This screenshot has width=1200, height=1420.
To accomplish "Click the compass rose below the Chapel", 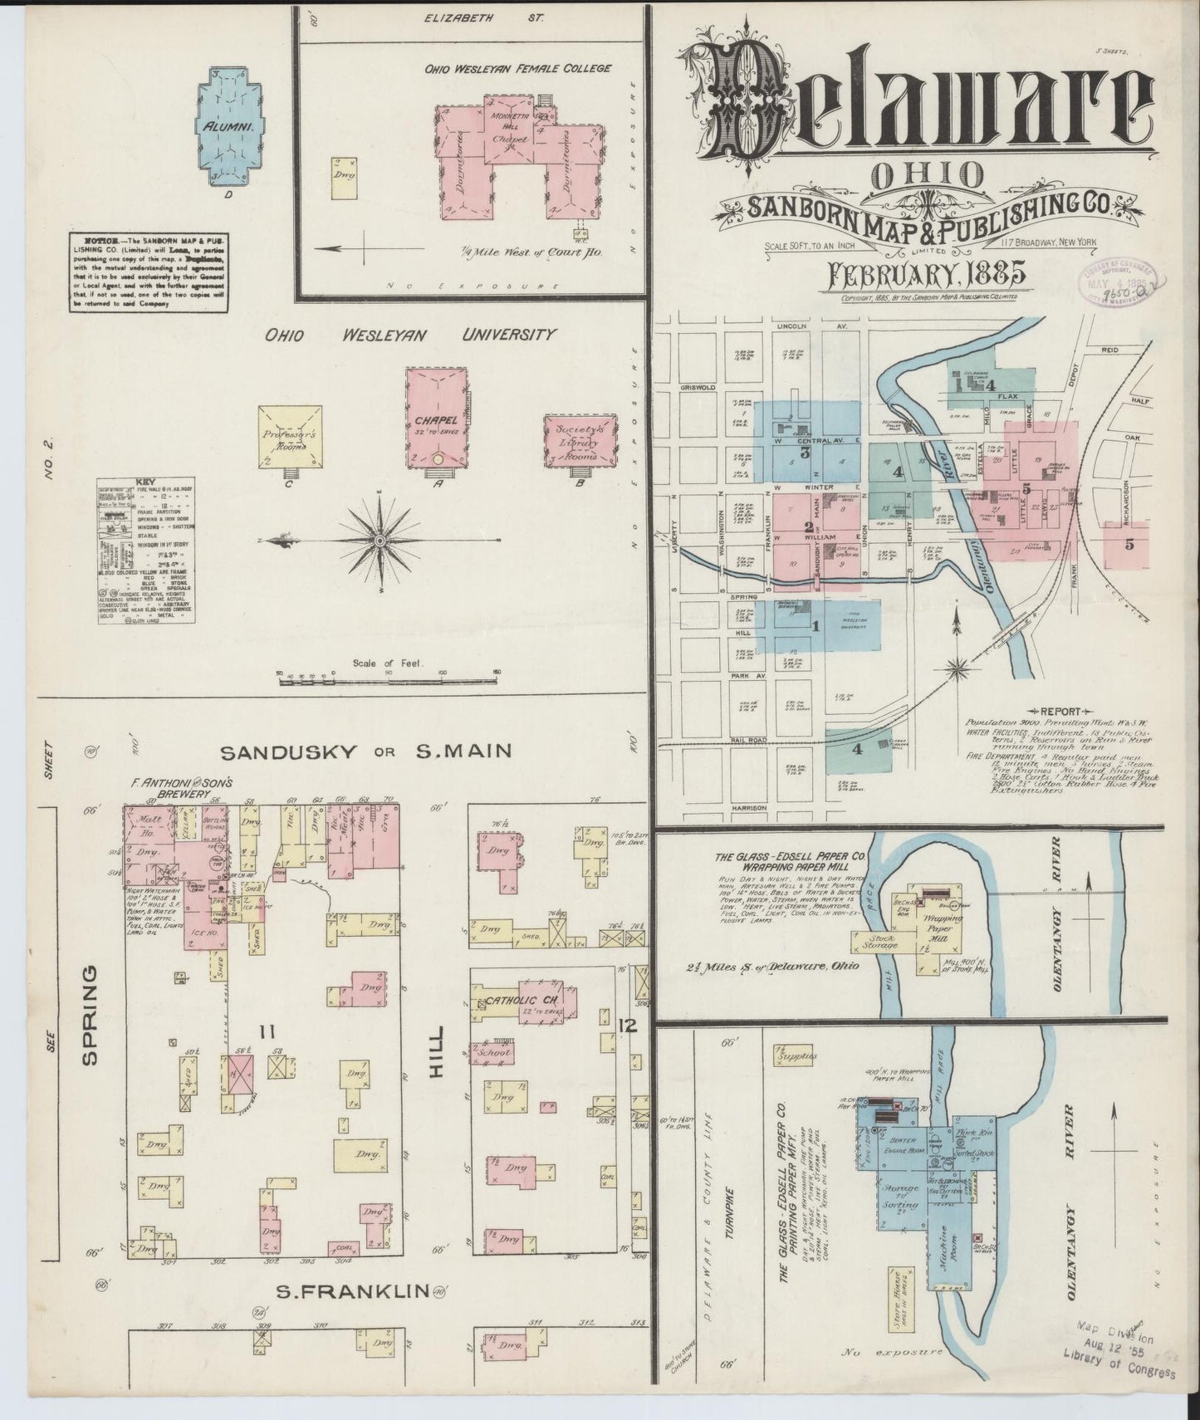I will (x=380, y=541).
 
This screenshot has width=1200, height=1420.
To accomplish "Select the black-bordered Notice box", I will (x=148, y=272).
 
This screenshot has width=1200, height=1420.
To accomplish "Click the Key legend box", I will (x=147, y=551).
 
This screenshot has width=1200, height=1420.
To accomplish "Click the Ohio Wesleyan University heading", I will (x=410, y=335).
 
